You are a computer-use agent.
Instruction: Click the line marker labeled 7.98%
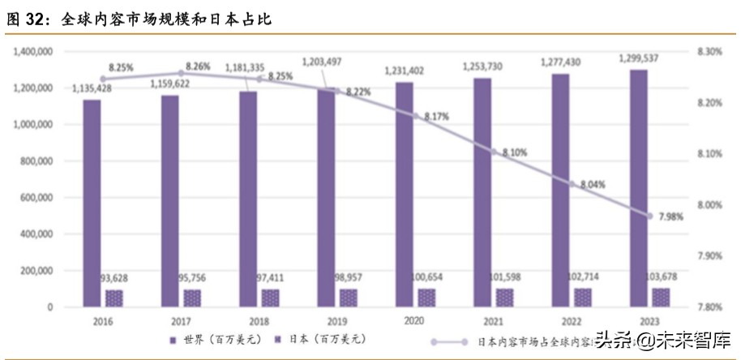click(649, 216)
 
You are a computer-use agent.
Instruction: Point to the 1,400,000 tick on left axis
click(33, 52)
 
